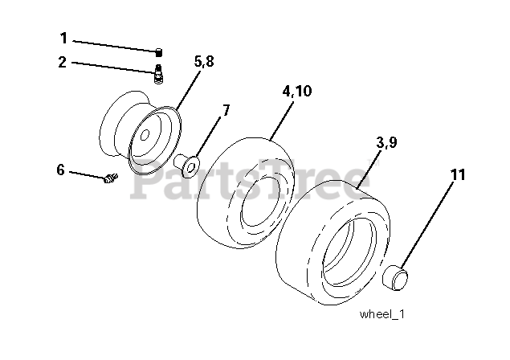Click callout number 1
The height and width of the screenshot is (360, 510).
(x=63, y=38)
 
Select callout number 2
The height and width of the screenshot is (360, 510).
(x=62, y=62)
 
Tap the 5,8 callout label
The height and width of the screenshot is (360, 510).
(x=204, y=61)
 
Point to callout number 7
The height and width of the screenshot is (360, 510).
(x=226, y=110)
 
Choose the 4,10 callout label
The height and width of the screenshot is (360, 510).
(x=296, y=91)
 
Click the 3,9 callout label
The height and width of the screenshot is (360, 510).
(x=386, y=142)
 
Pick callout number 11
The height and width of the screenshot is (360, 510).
(x=458, y=175)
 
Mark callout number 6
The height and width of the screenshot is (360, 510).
(x=60, y=170)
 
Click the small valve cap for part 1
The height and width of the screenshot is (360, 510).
(x=159, y=52)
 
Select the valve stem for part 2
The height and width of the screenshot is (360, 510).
(x=158, y=74)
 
